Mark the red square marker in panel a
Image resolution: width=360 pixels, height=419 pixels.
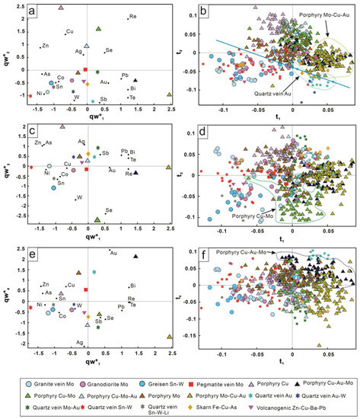87,70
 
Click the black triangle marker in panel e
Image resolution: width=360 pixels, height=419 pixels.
136,257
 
